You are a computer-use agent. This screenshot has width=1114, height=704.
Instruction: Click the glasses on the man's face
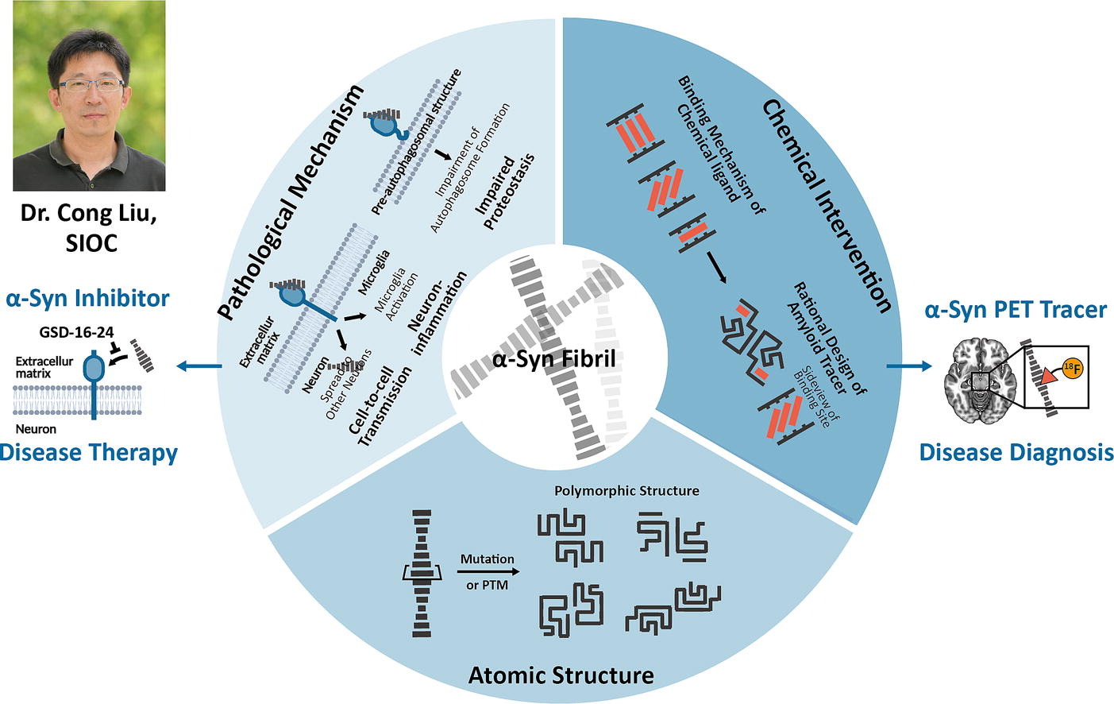pos(94,83)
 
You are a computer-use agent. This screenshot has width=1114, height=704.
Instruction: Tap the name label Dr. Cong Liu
pos(88,215)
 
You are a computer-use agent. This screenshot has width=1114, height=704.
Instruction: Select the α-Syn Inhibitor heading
pos(87,298)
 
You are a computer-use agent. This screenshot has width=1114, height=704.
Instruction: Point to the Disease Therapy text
pos(88,452)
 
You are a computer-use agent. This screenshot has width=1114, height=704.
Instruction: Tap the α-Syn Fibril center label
pos(553,359)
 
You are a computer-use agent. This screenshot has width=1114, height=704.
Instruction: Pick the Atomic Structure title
pos(561,675)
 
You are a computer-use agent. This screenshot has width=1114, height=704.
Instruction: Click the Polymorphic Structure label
pos(626,490)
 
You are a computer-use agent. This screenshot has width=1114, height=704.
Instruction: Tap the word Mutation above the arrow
pos(487,559)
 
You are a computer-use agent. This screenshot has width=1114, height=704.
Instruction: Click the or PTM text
pos(487,585)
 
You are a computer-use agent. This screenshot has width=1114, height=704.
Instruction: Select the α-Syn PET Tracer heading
pos(1016,309)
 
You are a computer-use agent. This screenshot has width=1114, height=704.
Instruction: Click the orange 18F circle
pos(1073,370)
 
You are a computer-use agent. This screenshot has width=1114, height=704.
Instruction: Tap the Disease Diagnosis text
pos(1016,452)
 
